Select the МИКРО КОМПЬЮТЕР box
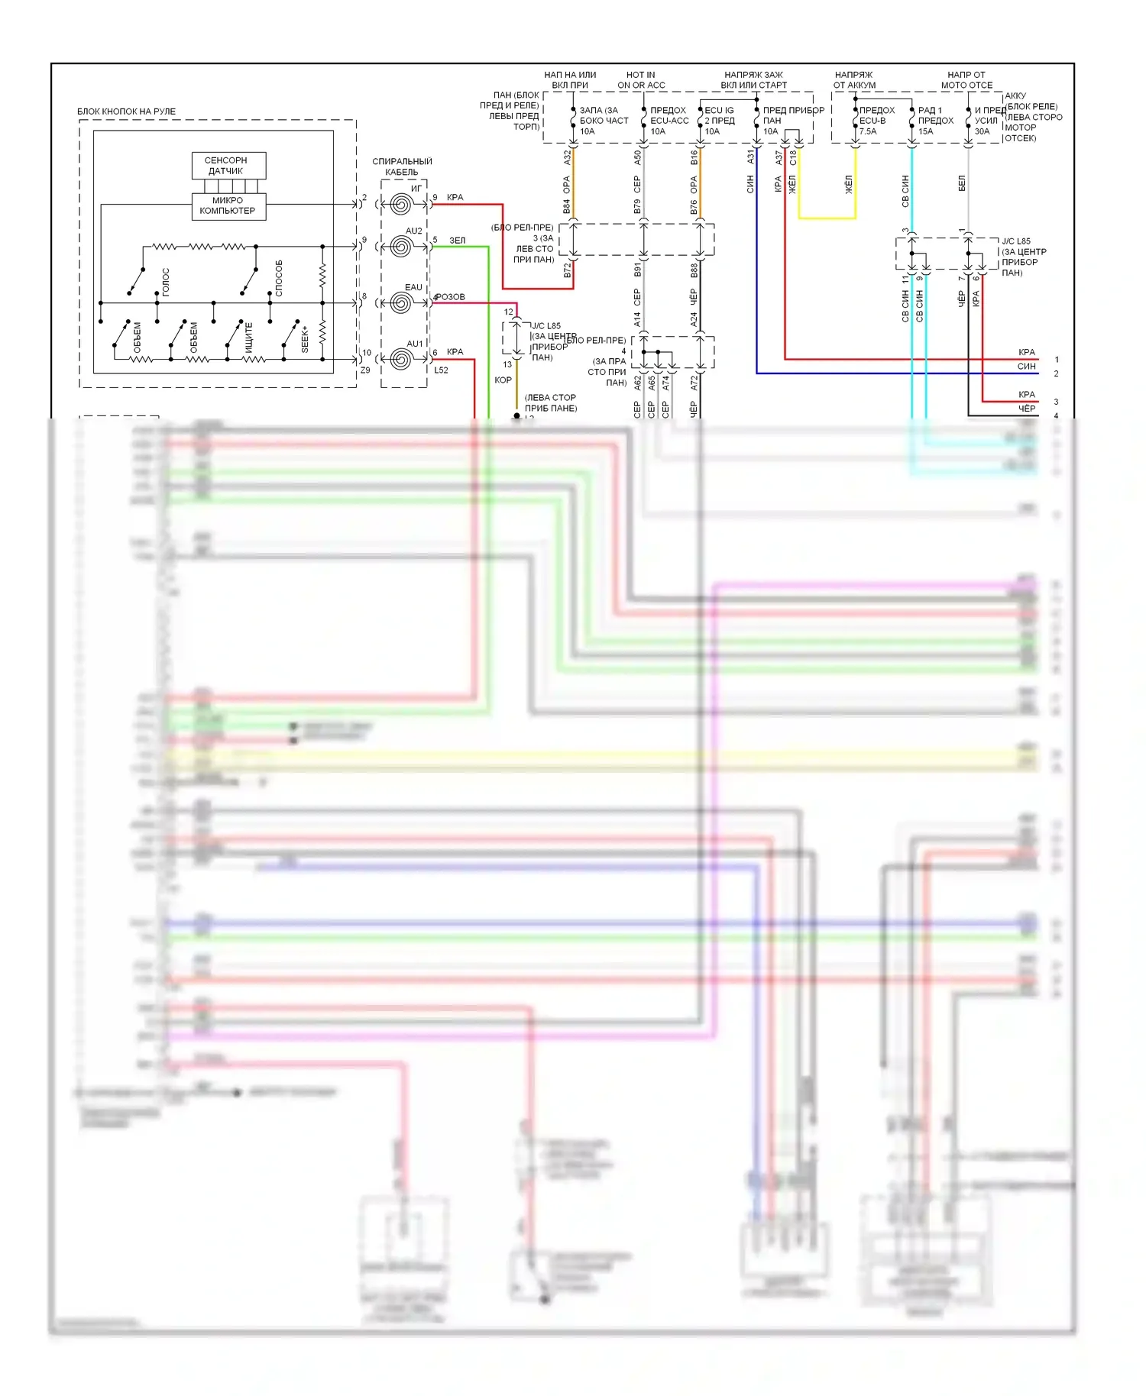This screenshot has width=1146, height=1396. pos(228,205)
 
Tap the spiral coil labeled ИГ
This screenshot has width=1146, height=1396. pos(401,204)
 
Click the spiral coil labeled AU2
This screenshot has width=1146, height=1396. pos(401,247)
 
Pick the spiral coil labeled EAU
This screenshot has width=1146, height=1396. pos(401,303)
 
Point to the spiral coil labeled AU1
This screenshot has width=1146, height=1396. pos(401,359)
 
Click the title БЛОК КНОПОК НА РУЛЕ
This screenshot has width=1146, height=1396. pos(126,111)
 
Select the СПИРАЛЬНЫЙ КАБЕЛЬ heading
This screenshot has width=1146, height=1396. pos(402,166)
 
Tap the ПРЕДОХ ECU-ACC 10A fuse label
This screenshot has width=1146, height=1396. pos(668,121)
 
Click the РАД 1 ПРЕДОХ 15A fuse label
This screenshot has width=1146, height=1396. pos(935,121)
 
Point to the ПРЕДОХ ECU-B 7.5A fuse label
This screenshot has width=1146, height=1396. pos(876,121)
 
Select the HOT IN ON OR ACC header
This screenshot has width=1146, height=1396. pos(641,80)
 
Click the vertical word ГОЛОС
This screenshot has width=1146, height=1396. pos(166,282)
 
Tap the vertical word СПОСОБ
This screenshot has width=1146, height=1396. pos(279,278)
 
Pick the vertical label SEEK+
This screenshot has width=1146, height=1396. pos(305,338)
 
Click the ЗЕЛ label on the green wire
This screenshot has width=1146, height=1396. pos(457,241)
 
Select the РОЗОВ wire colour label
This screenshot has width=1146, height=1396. pos(450,297)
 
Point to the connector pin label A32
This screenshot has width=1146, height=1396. pos(567,157)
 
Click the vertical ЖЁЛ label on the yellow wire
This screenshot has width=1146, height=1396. pos(848,184)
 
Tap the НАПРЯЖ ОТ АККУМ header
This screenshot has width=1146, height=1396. pos(854,80)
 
